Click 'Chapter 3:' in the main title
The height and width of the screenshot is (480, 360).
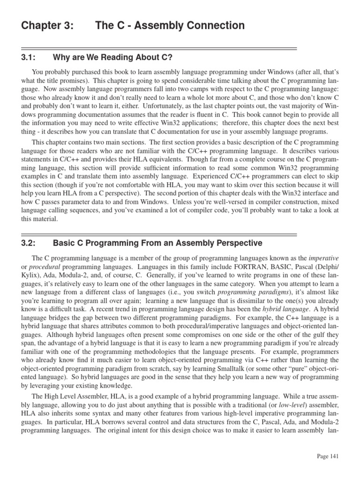tap(47, 25)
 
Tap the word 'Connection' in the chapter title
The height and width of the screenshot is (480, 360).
tap(215, 25)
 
